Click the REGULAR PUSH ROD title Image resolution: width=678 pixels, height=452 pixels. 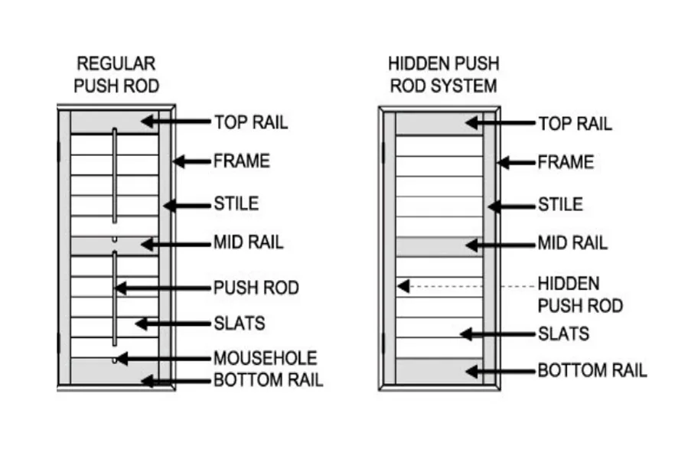click(x=116, y=75)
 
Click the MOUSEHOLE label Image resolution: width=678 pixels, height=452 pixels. click(x=265, y=358)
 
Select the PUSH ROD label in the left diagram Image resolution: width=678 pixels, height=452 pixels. click(x=256, y=288)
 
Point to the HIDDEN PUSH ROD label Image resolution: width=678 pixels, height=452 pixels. click(x=579, y=294)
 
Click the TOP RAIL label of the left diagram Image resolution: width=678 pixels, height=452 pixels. click(x=250, y=122)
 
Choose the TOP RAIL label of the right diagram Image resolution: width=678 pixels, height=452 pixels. click(x=574, y=123)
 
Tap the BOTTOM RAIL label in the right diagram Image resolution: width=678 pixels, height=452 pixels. click(x=592, y=371)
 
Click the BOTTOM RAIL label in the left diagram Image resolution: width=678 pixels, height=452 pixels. click(x=268, y=379)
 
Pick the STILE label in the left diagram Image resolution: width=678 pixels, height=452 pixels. click(x=236, y=204)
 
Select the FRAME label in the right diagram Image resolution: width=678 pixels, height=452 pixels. click(x=565, y=162)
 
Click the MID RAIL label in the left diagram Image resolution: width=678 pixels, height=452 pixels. click(x=248, y=243)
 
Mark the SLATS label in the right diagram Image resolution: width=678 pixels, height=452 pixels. click(x=563, y=333)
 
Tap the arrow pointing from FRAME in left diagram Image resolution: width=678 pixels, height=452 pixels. click(x=191, y=161)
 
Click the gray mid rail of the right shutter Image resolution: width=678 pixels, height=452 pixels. click(x=438, y=246)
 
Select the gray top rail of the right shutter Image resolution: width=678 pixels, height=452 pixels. click(x=438, y=123)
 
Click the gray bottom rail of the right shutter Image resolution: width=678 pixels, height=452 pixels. click(x=438, y=371)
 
